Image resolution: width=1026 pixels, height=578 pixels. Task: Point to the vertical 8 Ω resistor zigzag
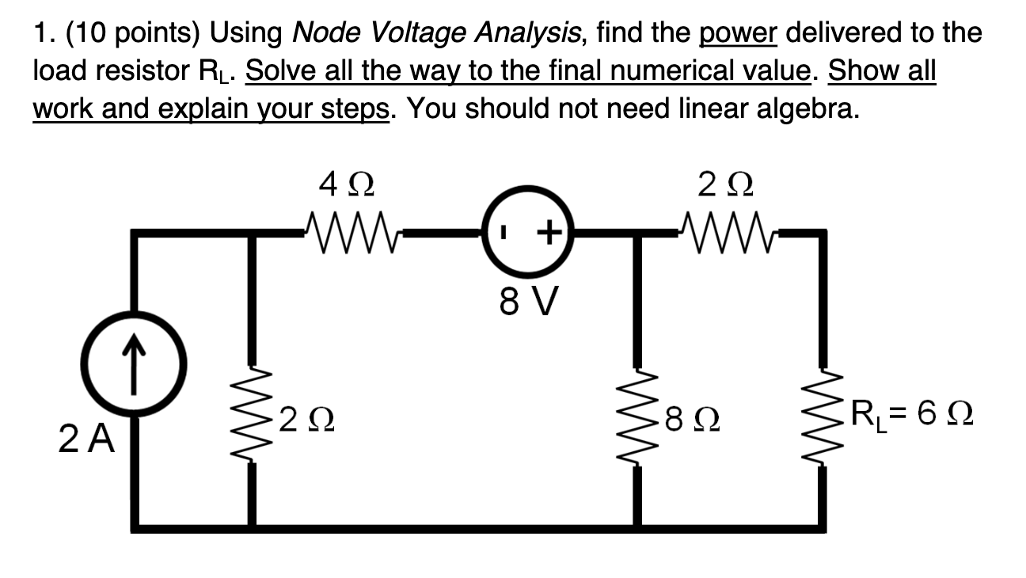640,418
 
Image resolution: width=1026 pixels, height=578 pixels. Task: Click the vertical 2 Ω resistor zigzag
254,418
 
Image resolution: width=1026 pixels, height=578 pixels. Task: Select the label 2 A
87,438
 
